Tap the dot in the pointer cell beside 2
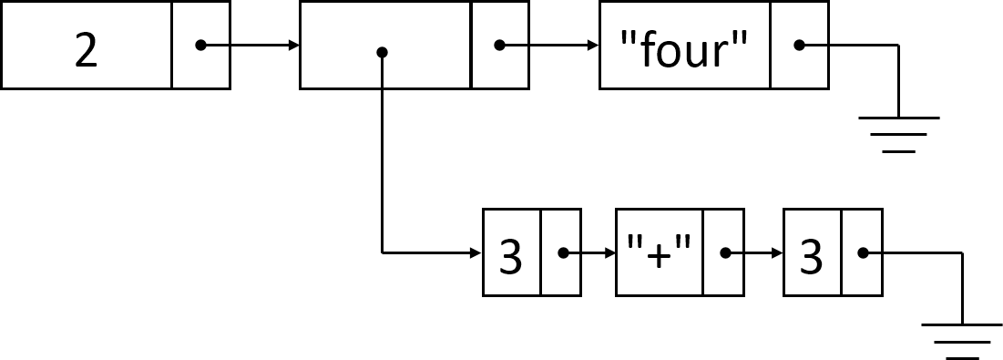[x=200, y=45]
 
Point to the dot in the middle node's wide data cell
[x=383, y=52]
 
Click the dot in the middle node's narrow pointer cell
[x=499, y=45]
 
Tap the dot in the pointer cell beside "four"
[x=799, y=45]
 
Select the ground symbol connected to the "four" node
[x=898, y=133]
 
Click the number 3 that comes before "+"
[x=511, y=259]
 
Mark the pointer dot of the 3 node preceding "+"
[x=562, y=252]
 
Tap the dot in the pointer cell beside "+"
[x=725, y=252]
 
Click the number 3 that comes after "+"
[x=812, y=259]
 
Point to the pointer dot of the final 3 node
[x=862, y=252]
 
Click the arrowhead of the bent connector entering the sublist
[x=476, y=252]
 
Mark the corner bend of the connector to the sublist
[x=383, y=252]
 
